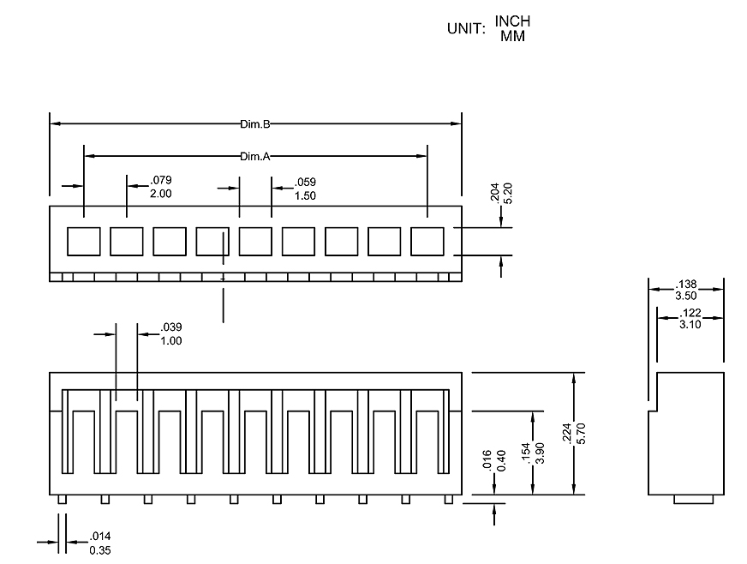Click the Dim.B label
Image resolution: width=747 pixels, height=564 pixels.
coord(255,124)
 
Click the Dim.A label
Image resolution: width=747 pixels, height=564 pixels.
coord(255,156)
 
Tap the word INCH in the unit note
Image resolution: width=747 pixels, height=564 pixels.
coord(512,21)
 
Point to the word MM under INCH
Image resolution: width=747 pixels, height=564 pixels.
coord(512,36)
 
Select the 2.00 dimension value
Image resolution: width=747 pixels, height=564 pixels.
coord(161,194)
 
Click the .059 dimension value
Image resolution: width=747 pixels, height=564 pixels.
coord(306,182)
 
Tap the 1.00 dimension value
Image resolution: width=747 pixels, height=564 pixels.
coord(171,340)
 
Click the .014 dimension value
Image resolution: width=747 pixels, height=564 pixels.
coord(100,537)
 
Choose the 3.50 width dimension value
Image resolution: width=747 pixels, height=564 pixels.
coord(686,294)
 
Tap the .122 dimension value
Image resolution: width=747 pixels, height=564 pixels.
coord(690,313)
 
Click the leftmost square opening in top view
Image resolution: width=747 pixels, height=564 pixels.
coord(84,242)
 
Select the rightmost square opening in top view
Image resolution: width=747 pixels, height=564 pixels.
coord(427,242)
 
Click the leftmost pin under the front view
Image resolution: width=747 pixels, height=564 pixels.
coord(62,499)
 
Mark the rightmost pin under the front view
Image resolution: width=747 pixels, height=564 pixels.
coord(446,499)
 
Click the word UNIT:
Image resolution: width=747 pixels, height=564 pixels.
coord(466,28)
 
